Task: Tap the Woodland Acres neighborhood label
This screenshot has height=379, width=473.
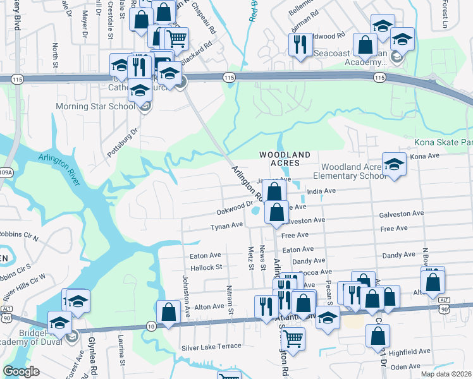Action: click(285, 159)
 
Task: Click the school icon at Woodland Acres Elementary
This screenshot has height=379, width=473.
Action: click(394, 165)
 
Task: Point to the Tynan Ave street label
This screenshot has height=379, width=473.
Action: click(227, 226)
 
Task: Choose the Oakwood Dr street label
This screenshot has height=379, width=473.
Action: click(234, 207)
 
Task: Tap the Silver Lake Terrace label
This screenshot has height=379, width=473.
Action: click(211, 347)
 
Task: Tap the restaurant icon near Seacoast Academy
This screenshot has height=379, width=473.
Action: click(298, 44)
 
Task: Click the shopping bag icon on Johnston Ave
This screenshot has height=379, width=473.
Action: click(169, 311)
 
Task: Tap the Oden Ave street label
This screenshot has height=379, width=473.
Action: click(405, 366)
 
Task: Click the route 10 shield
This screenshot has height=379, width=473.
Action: click(150, 325)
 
